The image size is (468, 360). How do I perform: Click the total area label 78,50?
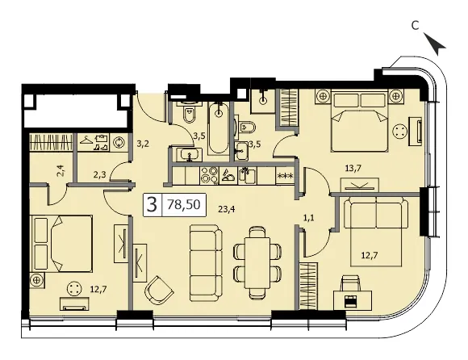[183, 204]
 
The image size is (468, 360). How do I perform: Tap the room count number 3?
[153, 205]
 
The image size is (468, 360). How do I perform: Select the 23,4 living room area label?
[227, 209]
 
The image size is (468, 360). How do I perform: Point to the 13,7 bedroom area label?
[353, 169]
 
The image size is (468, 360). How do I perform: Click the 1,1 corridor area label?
[308, 218]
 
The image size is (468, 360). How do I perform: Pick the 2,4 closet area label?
[61, 173]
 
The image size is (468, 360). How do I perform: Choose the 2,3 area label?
[99, 175]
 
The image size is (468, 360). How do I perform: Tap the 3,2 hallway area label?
[143, 144]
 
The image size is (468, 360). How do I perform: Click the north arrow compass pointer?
[435, 44]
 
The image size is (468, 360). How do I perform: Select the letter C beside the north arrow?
[415, 26]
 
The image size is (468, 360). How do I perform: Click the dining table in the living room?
[257, 262]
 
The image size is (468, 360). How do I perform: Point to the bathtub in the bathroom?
[219, 128]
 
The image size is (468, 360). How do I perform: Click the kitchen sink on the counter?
[247, 175]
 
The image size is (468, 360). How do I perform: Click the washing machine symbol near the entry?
[119, 142]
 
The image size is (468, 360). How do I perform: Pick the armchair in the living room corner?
[158, 290]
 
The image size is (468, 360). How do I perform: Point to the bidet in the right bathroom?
[246, 128]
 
